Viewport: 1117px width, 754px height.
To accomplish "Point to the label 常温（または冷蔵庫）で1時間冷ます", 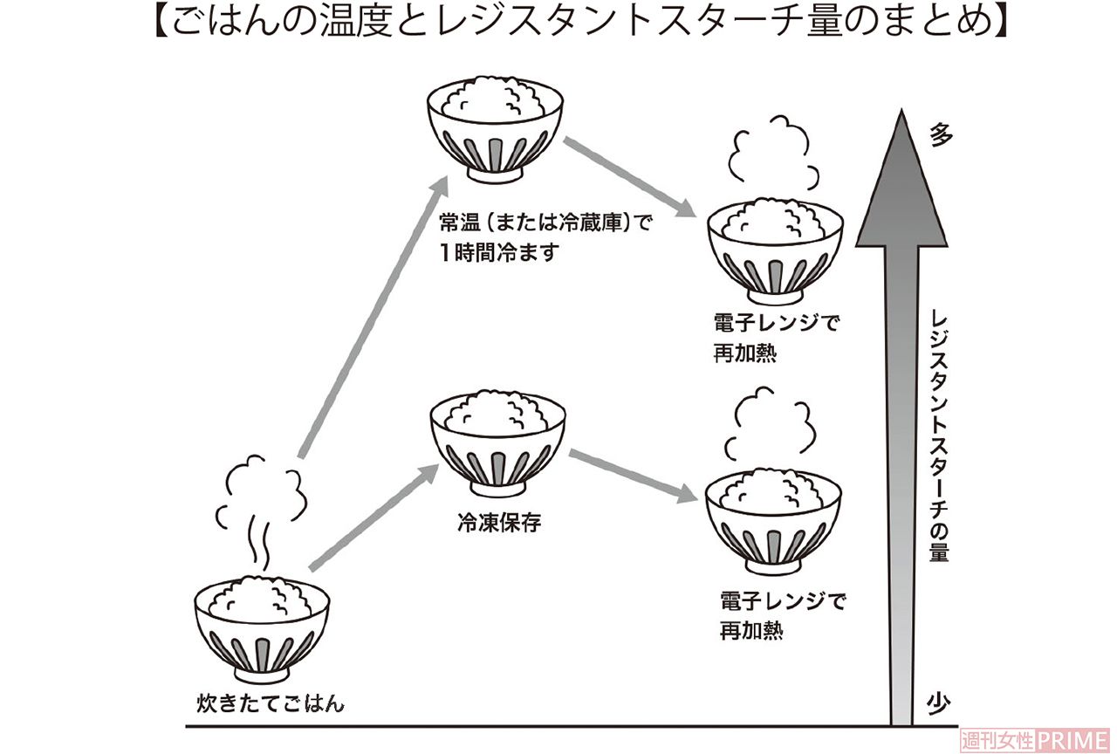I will pyautogui.click(x=545, y=236).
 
